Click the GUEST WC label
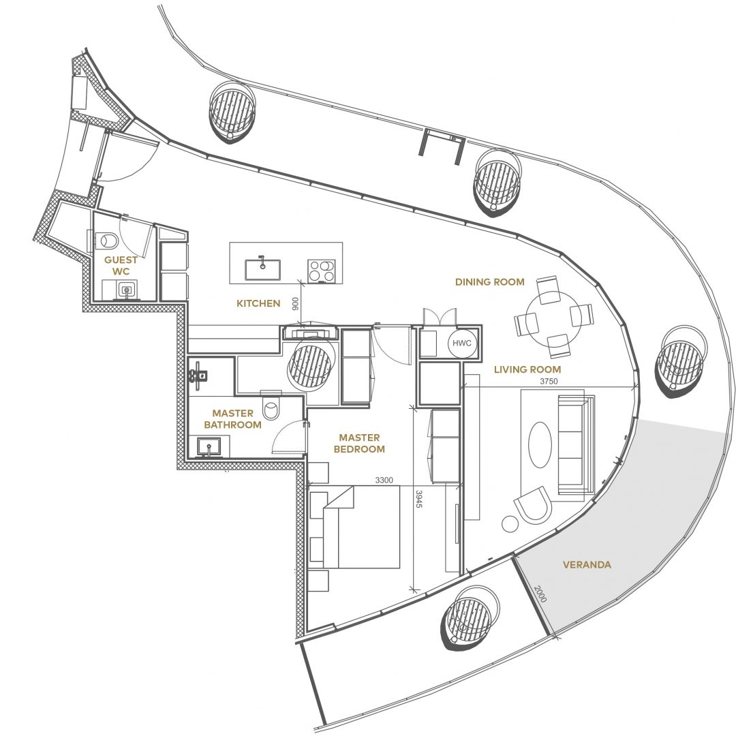pyautogui.click(x=121, y=266)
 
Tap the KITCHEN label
pyautogui.click(x=258, y=304)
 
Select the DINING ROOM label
pyautogui.click(x=489, y=282)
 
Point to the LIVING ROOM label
pyautogui.click(x=527, y=370)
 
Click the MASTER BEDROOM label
pyautogui.click(x=359, y=444)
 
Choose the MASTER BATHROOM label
pyautogui.click(x=232, y=419)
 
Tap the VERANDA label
pyautogui.click(x=587, y=565)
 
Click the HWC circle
pyautogui.click(x=461, y=343)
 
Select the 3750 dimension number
pyautogui.click(x=548, y=382)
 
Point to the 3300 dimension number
pyautogui.click(x=384, y=480)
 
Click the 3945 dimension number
pyautogui.click(x=419, y=499)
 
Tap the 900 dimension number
pyautogui.click(x=295, y=304)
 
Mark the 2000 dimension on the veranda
pyautogui.click(x=540, y=594)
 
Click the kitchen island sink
pyautogui.click(x=262, y=269)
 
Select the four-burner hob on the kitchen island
pyautogui.click(x=322, y=271)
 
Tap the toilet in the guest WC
pyautogui.click(x=108, y=241)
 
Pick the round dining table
pyautogui.click(x=553, y=318)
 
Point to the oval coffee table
pyautogui.click(x=540, y=444)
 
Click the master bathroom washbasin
pyautogui.click(x=209, y=446)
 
